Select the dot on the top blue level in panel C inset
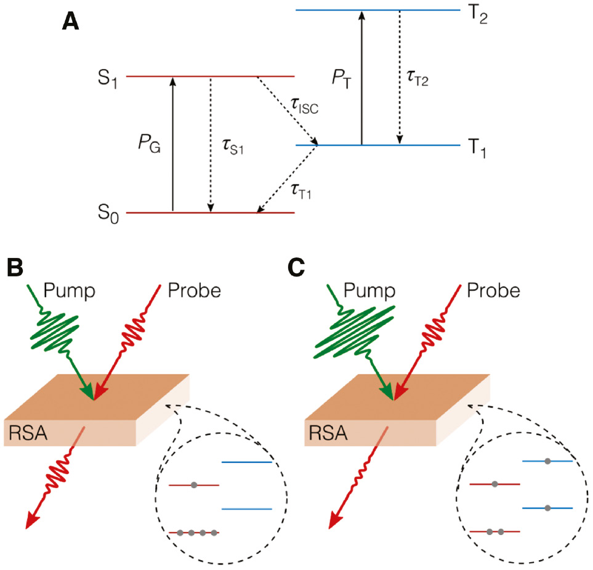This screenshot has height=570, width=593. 547,460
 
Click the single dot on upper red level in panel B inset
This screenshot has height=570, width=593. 194,485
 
